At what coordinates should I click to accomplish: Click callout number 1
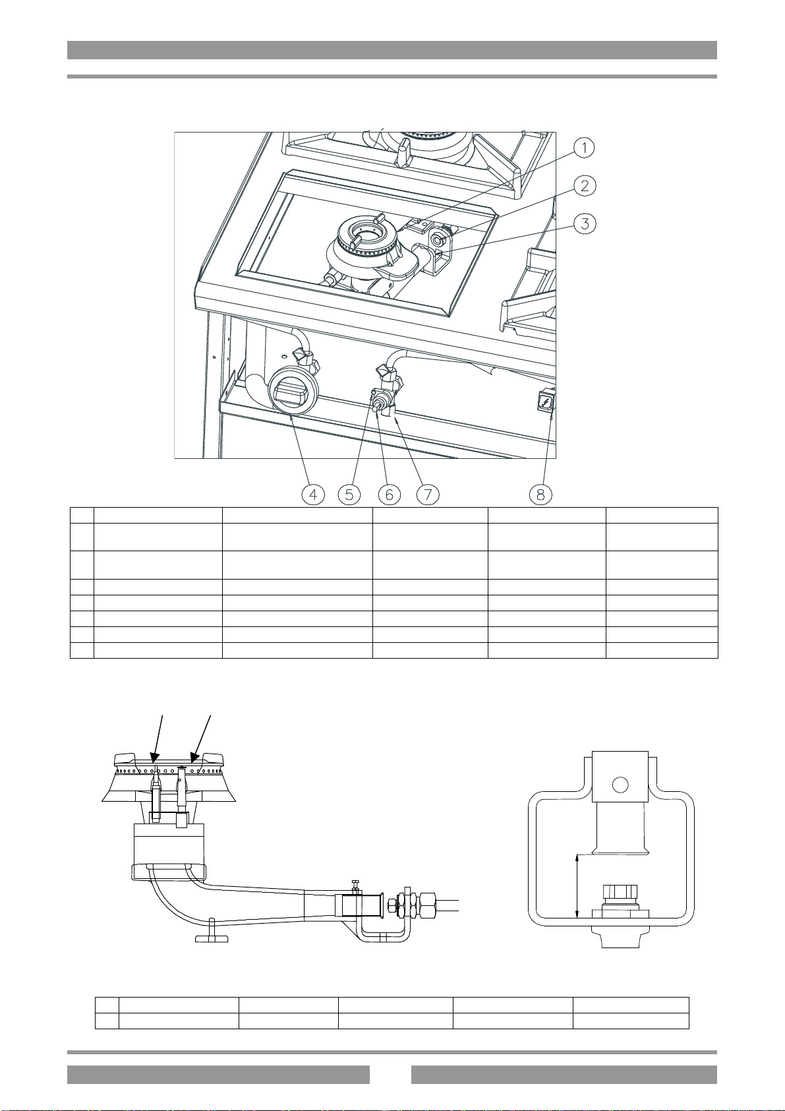pyautogui.click(x=585, y=148)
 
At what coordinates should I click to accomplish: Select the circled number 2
pyautogui.click(x=585, y=185)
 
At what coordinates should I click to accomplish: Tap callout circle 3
pyautogui.click(x=585, y=224)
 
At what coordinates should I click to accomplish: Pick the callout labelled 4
pyautogui.click(x=314, y=495)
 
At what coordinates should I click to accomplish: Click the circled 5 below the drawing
pyautogui.click(x=349, y=495)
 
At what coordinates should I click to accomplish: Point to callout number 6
pyautogui.click(x=389, y=495)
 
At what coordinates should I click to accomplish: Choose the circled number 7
pyautogui.click(x=428, y=495)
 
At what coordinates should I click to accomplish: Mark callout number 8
pyautogui.click(x=540, y=495)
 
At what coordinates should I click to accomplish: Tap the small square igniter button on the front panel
pyautogui.click(x=545, y=400)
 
